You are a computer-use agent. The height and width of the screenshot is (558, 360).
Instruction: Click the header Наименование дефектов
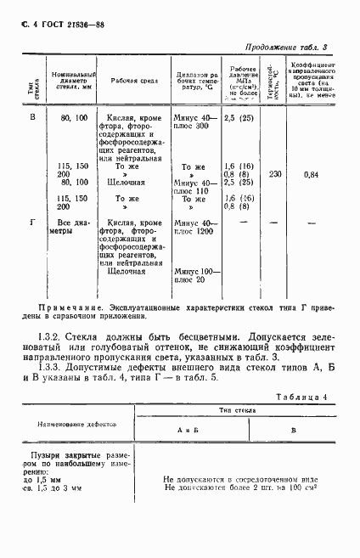point(80,446)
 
